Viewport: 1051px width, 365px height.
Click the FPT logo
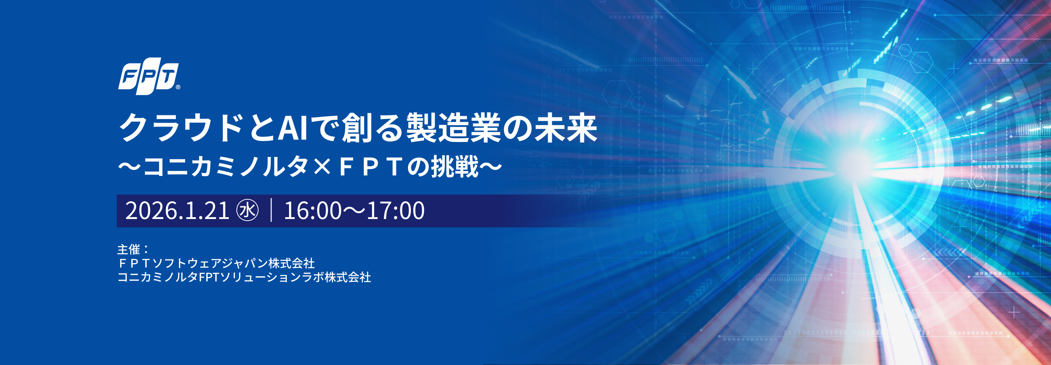(149, 78)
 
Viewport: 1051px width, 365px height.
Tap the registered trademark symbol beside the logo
(178, 87)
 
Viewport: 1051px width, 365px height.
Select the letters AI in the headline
(293, 128)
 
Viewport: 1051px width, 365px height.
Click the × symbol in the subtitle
(323, 167)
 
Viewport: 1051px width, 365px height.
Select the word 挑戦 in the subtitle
(455, 166)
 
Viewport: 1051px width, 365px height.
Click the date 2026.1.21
(177, 211)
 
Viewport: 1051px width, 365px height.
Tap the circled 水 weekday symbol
(248, 211)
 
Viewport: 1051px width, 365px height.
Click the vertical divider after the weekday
(271, 210)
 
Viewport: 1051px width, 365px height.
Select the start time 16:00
(312, 211)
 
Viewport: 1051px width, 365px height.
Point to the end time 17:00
(396, 211)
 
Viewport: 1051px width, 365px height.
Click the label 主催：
(134, 249)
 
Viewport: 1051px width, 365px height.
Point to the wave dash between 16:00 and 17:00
(354, 211)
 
